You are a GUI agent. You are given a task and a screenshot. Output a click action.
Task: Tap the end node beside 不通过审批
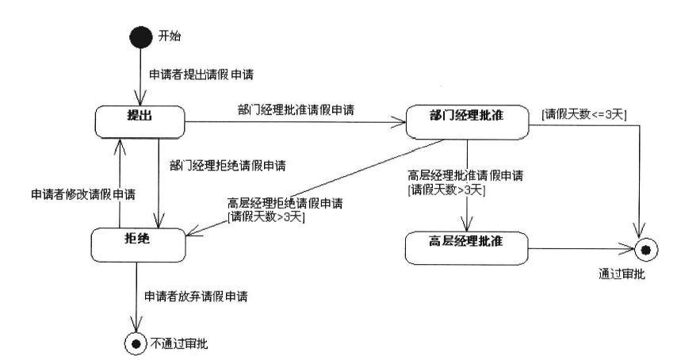(x=136, y=343)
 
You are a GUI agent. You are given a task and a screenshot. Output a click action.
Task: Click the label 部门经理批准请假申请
(x=295, y=107)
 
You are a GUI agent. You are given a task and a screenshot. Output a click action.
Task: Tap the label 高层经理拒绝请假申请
(x=285, y=204)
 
